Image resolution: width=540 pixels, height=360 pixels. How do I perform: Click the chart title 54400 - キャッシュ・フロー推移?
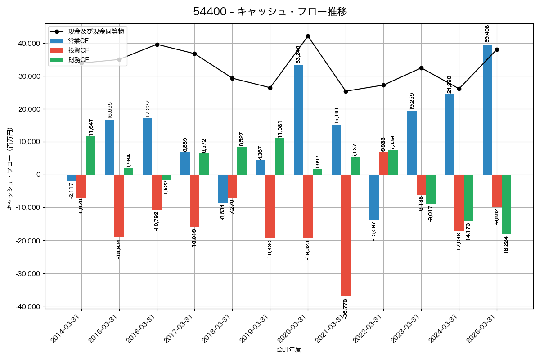(x=270, y=12)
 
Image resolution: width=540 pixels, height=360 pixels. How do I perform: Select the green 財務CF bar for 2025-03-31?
(x=506, y=204)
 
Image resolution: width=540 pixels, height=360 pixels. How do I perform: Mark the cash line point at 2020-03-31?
(x=308, y=36)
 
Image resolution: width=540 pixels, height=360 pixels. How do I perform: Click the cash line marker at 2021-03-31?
(x=346, y=91)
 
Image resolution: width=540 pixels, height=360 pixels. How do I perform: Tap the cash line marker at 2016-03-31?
(x=157, y=45)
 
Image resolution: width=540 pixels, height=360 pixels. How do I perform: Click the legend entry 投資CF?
(x=78, y=50)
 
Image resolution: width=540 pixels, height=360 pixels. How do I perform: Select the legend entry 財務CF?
(x=78, y=59)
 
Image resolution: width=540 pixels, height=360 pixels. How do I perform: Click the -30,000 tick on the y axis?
(x=27, y=274)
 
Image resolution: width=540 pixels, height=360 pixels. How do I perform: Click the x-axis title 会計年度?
(x=289, y=350)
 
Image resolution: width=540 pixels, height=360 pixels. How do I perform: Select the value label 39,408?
(x=487, y=34)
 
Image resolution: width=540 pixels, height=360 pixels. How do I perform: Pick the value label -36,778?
(x=346, y=308)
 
